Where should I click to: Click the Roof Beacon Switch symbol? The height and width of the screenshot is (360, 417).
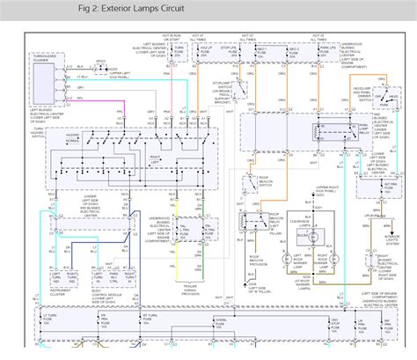(248, 188)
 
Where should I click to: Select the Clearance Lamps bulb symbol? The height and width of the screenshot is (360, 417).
(307, 231)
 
